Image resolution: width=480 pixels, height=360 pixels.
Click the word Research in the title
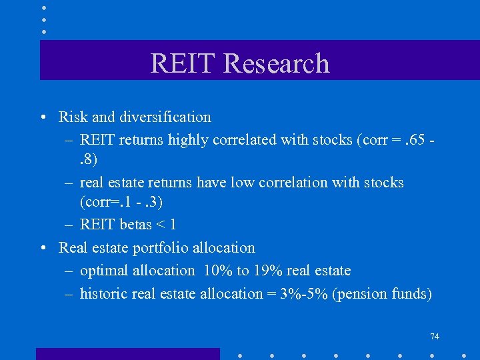(x=276, y=63)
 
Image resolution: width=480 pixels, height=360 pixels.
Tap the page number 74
(x=434, y=337)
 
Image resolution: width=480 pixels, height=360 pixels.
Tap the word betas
(x=135, y=225)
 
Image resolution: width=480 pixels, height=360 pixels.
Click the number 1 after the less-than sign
(x=173, y=225)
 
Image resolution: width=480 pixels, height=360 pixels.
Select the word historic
(x=104, y=293)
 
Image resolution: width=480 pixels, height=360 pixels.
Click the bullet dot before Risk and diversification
(x=43, y=118)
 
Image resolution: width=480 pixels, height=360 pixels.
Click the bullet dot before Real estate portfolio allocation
(x=43, y=249)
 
